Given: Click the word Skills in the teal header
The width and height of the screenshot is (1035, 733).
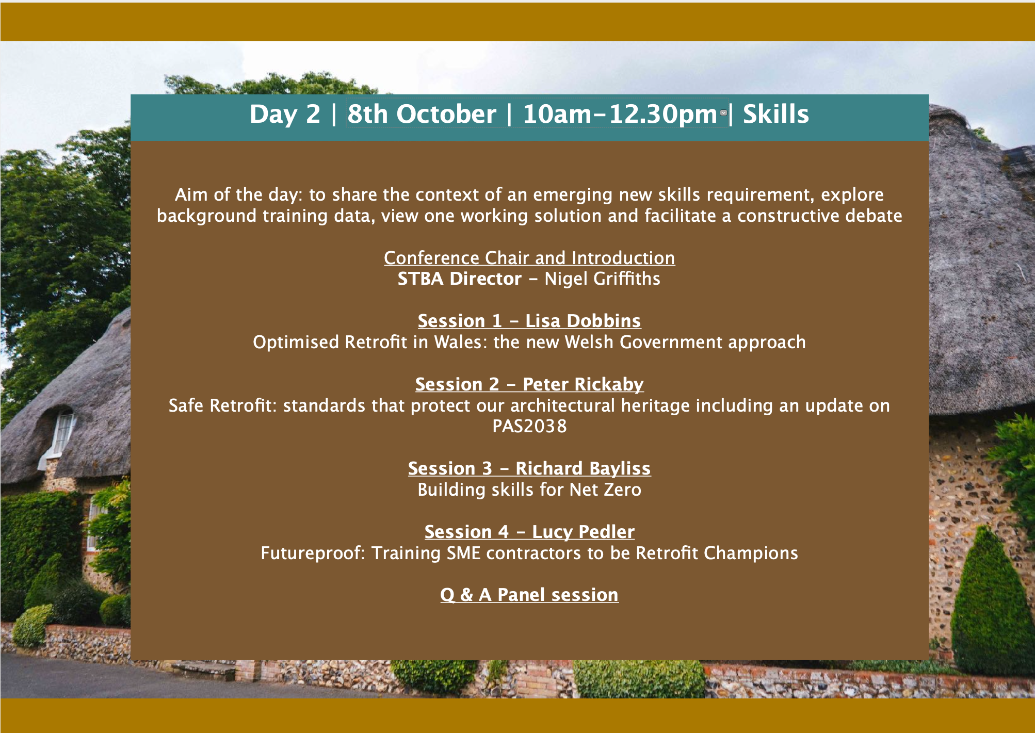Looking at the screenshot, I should [x=775, y=114].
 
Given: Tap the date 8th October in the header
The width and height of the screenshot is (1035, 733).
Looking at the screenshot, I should [x=422, y=114].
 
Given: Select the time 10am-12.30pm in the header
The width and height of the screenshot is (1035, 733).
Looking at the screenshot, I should [x=620, y=114].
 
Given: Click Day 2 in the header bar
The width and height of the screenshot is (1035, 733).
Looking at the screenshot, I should [x=285, y=114].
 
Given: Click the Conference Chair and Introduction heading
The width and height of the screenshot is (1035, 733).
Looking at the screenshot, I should [x=529, y=258].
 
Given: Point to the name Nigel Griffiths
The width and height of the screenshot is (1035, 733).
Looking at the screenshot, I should [x=602, y=279].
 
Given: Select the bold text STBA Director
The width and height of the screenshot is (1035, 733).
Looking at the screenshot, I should [x=459, y=279].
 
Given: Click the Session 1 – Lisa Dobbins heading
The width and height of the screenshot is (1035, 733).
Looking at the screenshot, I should [x=529, y=321].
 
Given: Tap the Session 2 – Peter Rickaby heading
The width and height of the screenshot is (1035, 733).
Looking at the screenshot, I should [x=529, y=384].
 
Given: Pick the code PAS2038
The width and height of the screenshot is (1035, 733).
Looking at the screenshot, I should [x=529, y=427].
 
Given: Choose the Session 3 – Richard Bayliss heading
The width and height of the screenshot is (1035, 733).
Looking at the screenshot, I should [x=529, y=468].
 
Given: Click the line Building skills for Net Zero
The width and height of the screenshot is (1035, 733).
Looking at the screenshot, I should [x=529, y=490].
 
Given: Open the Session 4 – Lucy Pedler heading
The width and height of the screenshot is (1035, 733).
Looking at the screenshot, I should [x=529, y=532].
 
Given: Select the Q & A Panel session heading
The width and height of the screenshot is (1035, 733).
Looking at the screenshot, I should [x=529, y=595].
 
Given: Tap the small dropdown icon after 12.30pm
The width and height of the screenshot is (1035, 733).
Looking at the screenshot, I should [x=723, y=112].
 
